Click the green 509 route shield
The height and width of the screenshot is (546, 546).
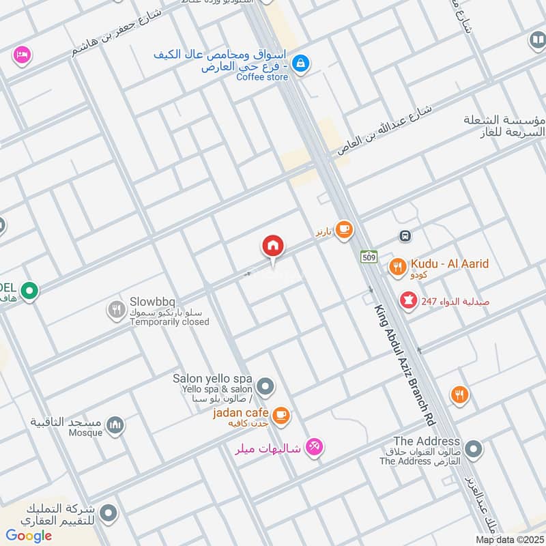click(369, 257)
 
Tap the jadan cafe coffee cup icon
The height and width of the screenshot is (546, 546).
click(280, 414)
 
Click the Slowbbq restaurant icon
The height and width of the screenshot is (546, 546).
click(116, 311)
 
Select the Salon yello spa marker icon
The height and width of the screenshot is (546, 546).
click(266, 387)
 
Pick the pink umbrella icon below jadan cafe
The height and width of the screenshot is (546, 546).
click(314, 447)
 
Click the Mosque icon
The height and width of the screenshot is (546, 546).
click(116, 426)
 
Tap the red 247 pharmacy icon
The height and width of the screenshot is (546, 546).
click(409, 300)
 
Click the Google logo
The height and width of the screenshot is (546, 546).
click(29, 536)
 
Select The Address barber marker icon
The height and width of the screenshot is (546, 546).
click(474, 450)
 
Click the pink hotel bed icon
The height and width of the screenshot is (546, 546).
click(22, 55)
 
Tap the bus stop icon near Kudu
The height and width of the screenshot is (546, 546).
click(405, 236)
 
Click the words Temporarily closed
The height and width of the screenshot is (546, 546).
click(169, 321)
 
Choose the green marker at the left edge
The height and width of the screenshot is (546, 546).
click(29, 292)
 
